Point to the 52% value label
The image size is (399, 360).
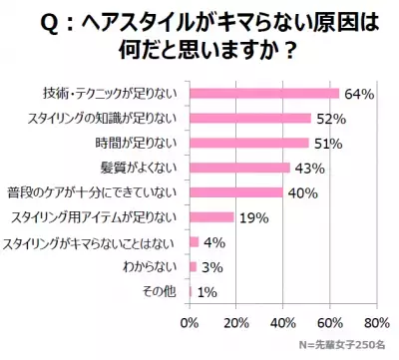coord(329,119)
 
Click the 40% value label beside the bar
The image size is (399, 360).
coord(301,192)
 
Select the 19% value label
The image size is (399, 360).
coord(251,217)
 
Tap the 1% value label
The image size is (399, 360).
coord(208,291)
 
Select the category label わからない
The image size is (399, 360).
coord(150,266)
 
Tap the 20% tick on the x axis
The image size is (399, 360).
coord(235,323)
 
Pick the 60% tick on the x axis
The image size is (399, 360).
coord(329,323)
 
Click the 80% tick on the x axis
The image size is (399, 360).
coord(376,323)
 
